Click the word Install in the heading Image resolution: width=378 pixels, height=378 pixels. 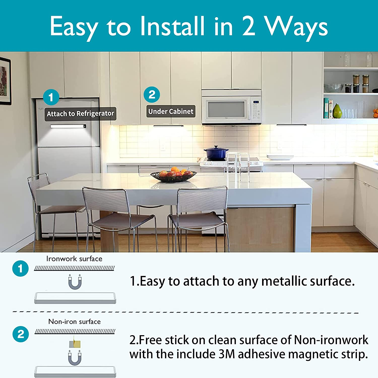pos(172,26)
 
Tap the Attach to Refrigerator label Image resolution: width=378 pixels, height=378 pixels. pos(80,114)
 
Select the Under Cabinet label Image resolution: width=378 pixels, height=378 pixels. pos(171,111)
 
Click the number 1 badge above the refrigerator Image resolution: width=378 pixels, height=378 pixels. pos(51,97)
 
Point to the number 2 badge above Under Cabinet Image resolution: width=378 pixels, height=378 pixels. pos(152,95)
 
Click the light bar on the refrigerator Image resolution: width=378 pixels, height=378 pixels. pos(68,126)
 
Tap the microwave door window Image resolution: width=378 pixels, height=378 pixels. pos(226,109)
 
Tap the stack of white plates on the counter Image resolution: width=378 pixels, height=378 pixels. pos(280,157)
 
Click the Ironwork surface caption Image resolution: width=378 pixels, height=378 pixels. pos(74,259)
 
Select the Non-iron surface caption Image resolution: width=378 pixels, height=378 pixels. pos(75,322)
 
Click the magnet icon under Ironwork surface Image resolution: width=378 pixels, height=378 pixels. pos(75,282)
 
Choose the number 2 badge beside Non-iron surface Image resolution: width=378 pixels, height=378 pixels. pos(20,334)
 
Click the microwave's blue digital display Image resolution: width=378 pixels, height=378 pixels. pos(256,102)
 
